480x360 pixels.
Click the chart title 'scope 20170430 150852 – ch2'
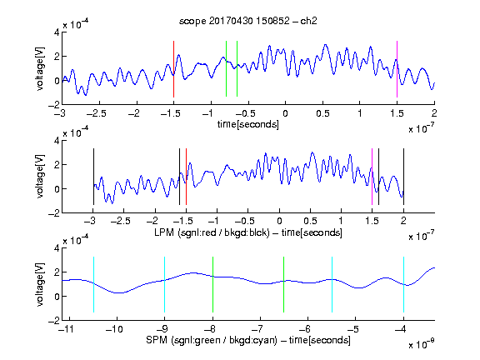click(x=248, y=21)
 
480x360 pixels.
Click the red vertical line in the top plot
click(x=173, y=69)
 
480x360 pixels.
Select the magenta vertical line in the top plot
click(x=397, y=69)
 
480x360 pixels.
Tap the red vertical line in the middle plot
click(x=186, y=177)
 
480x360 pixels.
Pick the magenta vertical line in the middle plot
click(x=372, y=177)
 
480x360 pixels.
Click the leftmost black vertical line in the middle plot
click(x=93, y=177)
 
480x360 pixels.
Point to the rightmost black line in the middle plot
click(x=403, y=177)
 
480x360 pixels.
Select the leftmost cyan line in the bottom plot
click(x=93, y=285)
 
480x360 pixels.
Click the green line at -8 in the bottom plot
click(x=212, y=285)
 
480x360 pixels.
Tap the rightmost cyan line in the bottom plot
click(x=403, y=285)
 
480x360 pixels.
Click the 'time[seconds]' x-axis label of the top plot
click(x=248, y=125)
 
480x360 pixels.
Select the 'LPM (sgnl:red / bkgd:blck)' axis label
click(x=212, y=232)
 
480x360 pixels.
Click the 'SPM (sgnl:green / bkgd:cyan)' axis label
click(x=212, y=340)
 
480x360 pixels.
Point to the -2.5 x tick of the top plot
click(x=96, y=113)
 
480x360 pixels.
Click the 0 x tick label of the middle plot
click(x=279, y=221)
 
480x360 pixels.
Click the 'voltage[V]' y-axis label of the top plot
click(x=40, y=68)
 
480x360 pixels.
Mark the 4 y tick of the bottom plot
click(x=57, y=248)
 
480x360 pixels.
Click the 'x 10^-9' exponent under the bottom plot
click(x=422, y=343)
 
